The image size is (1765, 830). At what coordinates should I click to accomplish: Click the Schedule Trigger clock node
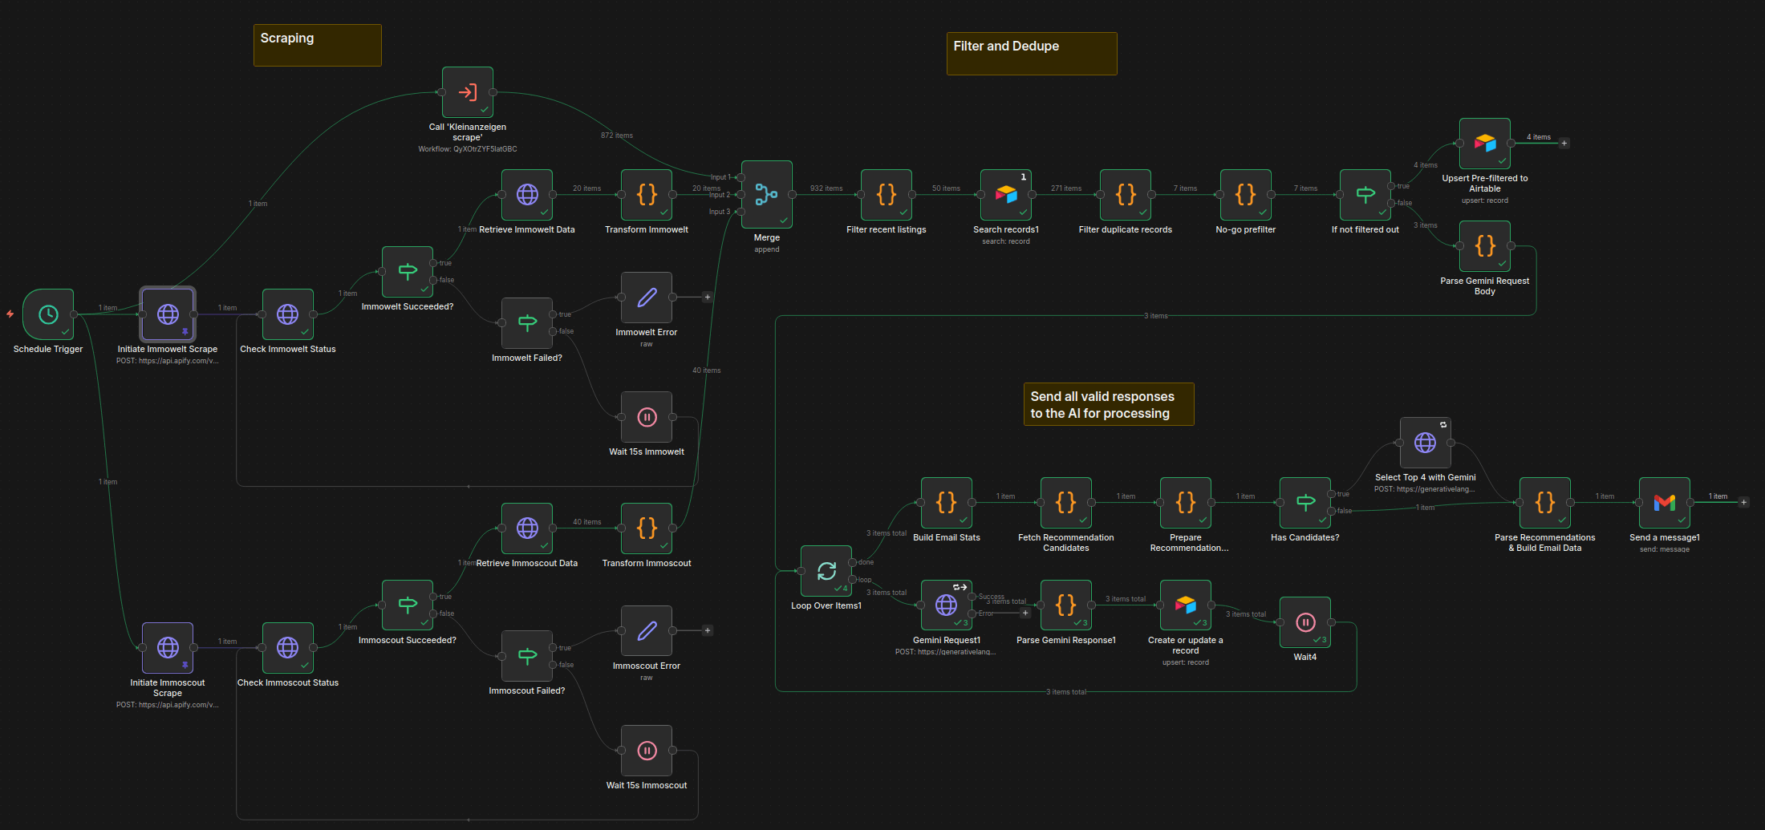48,314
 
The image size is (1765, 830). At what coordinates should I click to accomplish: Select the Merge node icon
767,194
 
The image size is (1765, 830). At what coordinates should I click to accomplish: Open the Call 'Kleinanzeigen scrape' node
468,92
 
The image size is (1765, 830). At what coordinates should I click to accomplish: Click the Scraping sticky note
318,45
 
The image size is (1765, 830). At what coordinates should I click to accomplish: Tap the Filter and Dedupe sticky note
1031,54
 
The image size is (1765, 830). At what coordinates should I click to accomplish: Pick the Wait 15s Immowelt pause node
647,417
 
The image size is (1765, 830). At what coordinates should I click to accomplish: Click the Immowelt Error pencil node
647,298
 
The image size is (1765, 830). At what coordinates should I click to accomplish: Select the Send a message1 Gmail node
1664,503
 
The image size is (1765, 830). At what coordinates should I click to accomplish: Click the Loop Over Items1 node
826,571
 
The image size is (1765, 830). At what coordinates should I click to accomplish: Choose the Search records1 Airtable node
1006,194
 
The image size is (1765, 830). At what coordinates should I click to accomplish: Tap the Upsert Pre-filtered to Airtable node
1484,144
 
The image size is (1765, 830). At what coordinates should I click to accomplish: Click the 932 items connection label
826,188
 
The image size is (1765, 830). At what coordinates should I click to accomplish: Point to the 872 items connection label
616,136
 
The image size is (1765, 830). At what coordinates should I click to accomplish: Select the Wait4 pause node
1305,622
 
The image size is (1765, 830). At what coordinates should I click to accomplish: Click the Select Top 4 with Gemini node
1425,443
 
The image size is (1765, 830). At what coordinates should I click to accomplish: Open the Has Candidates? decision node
1305,503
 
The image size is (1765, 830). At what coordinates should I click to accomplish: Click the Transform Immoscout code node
647,528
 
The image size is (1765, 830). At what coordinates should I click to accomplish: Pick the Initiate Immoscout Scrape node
168,648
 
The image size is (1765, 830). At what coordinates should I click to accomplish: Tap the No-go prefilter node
1245,194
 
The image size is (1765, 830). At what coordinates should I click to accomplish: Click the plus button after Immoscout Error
708,630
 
